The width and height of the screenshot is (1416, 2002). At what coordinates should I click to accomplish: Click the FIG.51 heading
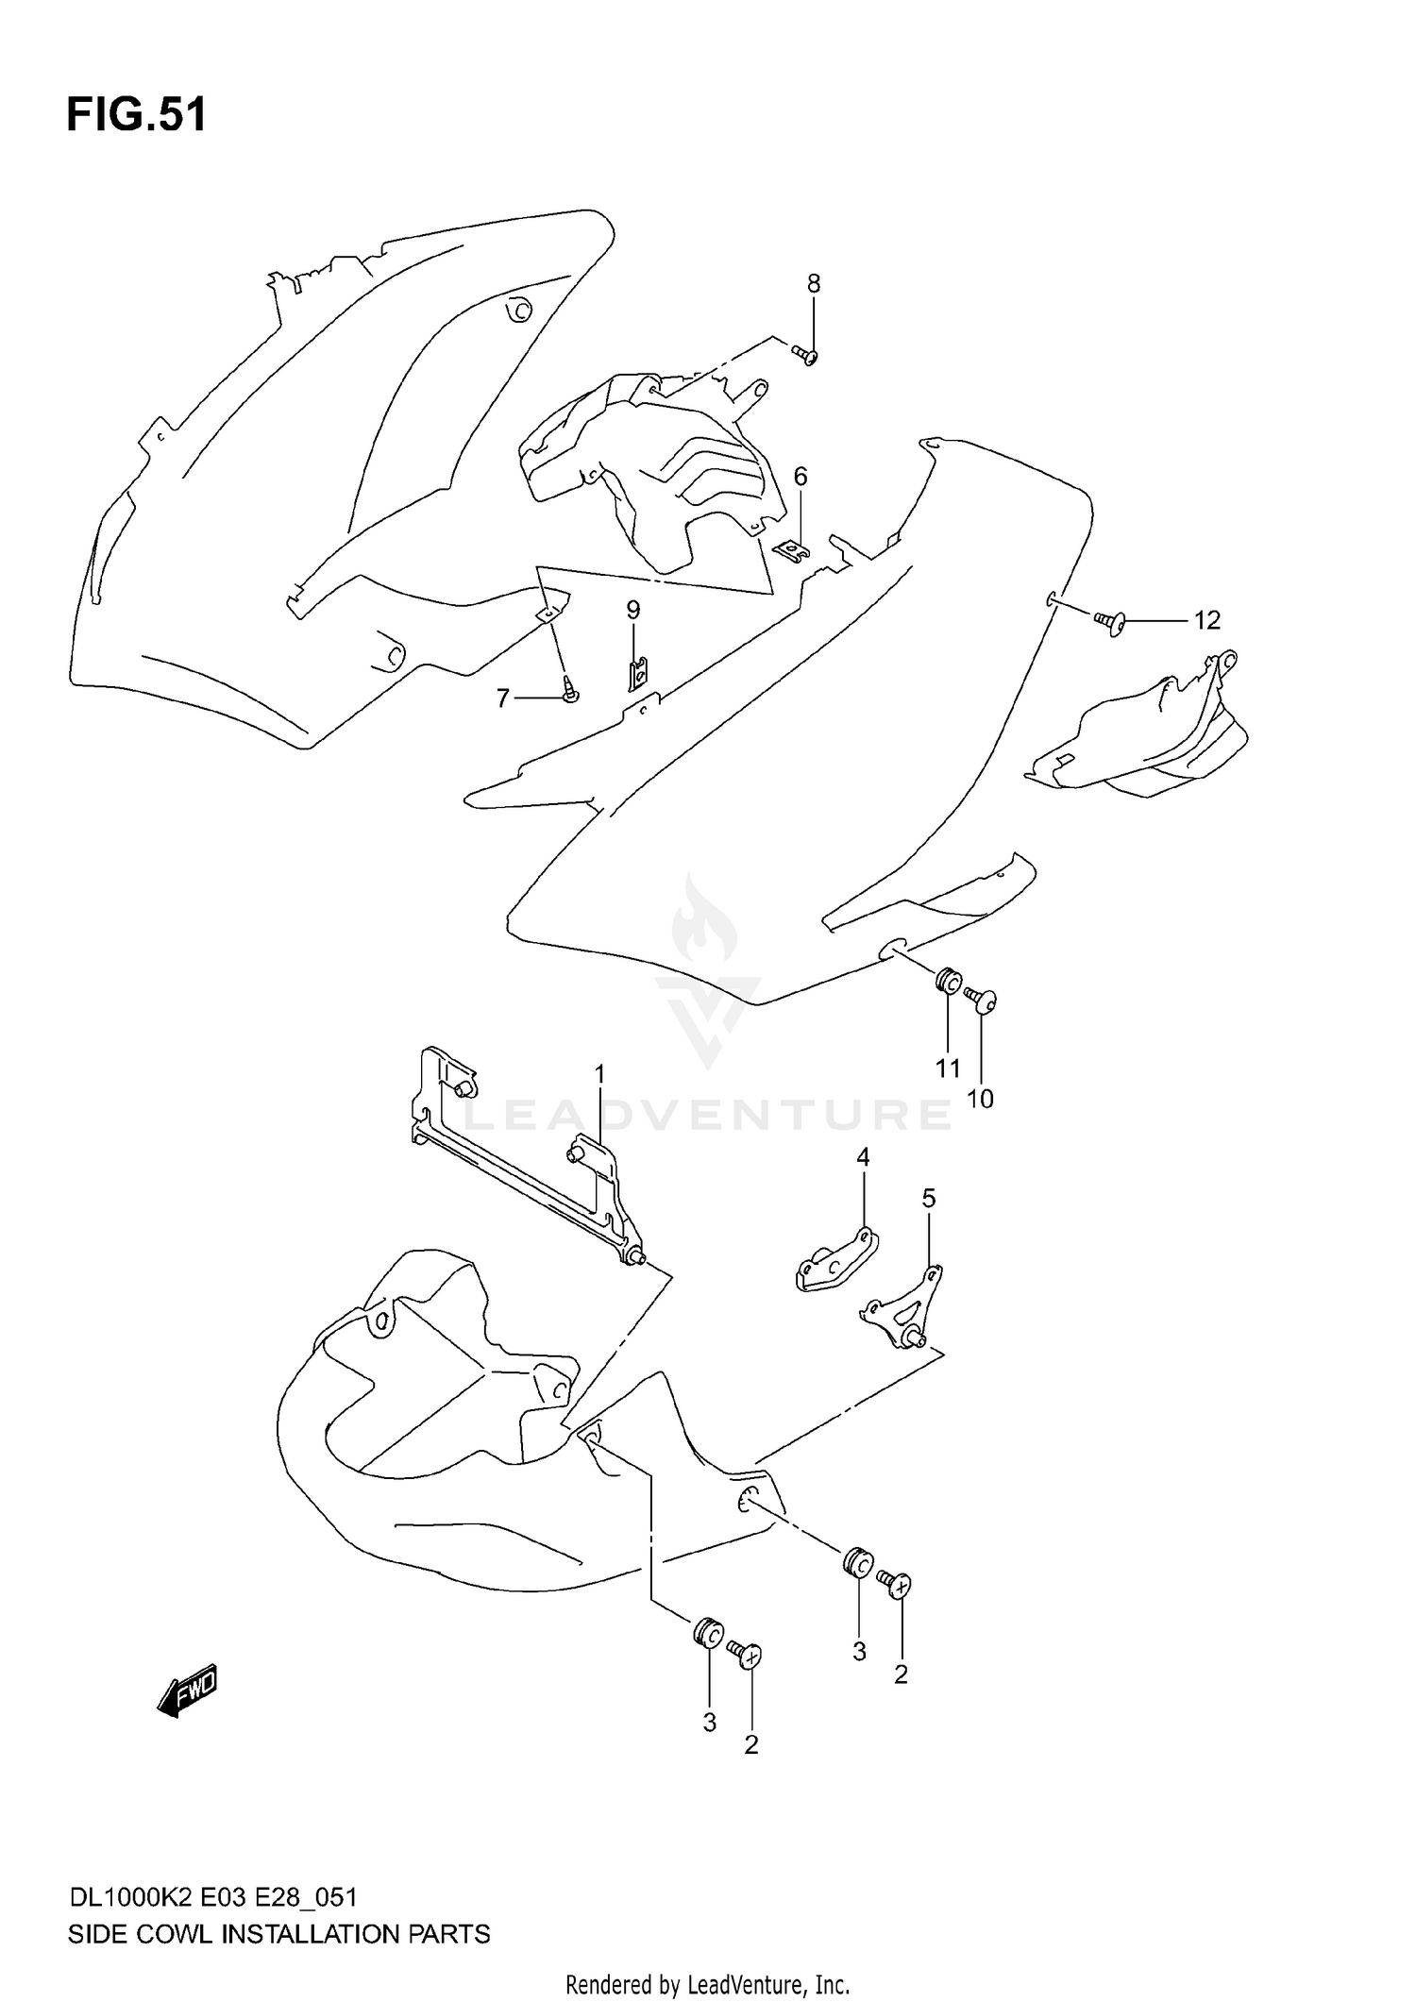(x=136, y=115)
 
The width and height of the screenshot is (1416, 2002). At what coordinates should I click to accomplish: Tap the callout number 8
(x=813, y=283)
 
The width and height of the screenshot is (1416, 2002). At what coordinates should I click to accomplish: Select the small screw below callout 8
(x=805, y=355)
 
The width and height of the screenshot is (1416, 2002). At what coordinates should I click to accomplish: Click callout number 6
(x=801, y=477)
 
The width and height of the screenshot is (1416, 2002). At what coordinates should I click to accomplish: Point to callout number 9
(x=632, y=610)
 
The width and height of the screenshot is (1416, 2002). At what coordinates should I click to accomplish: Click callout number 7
(x=503, y=698)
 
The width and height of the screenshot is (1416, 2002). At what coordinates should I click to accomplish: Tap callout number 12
(x=1206, y=620)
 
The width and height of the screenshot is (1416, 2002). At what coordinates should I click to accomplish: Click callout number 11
(x=948, y=1068)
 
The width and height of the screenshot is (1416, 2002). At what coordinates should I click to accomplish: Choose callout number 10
(x=981, y=1099)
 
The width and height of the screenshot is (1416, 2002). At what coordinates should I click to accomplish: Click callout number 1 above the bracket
(x=599, y=1074)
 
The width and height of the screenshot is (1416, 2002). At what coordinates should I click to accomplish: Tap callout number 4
(x=863, y=1156)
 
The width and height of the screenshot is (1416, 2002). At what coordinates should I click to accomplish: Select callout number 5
(x=929, y=1199)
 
